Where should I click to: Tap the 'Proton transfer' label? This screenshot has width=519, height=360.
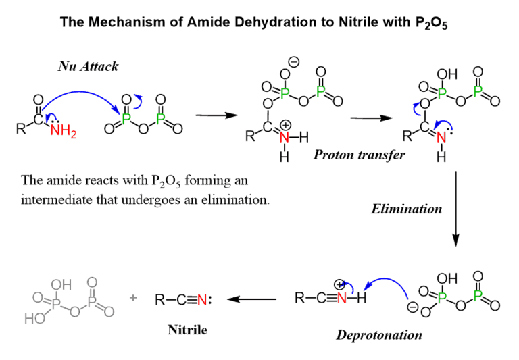pos(359,155)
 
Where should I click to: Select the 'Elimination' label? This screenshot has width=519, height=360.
pos(406,209)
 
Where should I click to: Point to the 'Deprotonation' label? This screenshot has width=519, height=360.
pos(379,335)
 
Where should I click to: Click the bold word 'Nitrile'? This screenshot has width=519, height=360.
pos(187,330)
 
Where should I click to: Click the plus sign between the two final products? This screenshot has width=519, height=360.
pos(133,298)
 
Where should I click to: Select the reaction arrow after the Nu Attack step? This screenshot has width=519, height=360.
pos(215,115)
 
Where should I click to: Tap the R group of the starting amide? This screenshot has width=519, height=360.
pos(20,128)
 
